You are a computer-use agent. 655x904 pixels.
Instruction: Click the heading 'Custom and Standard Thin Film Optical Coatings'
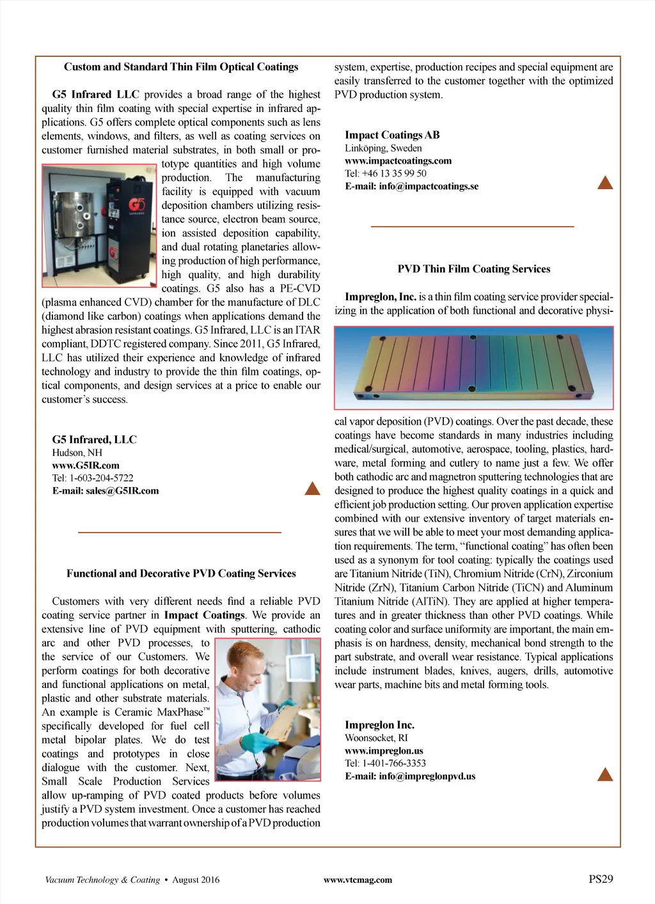coord(181,67)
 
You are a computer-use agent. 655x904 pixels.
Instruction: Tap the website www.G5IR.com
coord(86,465)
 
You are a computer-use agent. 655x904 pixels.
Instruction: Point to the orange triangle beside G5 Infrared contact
coord(312,489)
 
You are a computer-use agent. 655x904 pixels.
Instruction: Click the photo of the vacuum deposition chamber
coord(99,226)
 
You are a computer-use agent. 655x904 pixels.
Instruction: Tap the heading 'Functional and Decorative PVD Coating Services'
coord(181,573)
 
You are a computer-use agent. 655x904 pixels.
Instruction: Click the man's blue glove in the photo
coord(255,742)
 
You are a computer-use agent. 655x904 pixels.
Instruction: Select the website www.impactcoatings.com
coord(398,161)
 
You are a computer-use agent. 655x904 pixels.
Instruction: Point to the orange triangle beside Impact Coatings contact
coord(604,183)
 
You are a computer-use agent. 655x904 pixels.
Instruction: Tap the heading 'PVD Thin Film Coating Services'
coord(474,269)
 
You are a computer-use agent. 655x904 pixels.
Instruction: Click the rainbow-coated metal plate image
coord(473,368)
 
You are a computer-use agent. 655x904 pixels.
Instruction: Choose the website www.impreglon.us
coord(384,751)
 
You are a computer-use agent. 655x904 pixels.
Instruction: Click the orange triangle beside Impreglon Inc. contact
coord(604,775)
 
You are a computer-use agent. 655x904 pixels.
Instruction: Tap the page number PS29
coord(601,879)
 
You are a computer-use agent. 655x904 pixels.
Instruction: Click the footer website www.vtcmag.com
coord(358,880)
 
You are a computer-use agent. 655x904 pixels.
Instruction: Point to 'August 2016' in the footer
coord(196,880)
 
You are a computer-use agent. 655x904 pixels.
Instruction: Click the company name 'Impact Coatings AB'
coord(392,135)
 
